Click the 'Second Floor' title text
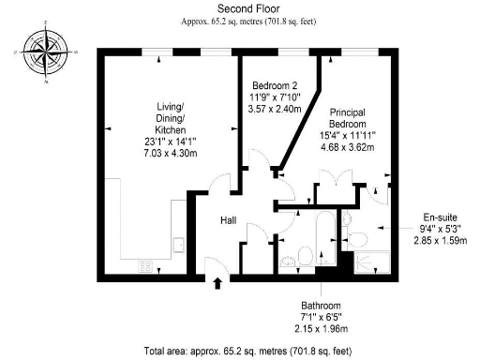[x=239, y=7]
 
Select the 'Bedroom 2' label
[x=275, y=83]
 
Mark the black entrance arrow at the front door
[x=218, y=282]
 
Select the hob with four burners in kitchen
[x=145, y=265]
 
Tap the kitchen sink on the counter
[x=177, y=245]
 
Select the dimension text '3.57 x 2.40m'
[x=275, y=109]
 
